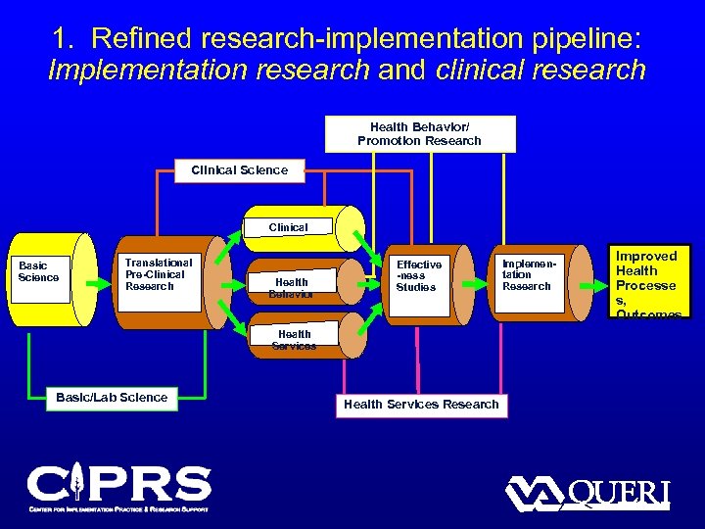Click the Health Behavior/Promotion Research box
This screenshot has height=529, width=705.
point(419,133)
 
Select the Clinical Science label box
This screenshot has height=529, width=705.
point(239,170)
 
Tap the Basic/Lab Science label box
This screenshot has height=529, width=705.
point(112,397)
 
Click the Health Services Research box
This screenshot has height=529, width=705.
point(421,404)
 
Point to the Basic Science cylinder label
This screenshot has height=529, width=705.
point(39,271)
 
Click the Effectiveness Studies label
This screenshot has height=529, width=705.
point(419,276)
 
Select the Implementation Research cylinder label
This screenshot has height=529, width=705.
point(527,275)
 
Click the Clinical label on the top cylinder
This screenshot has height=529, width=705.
point(288,227)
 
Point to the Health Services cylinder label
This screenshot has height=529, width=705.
point(294,340)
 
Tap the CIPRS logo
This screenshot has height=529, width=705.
point(118,487)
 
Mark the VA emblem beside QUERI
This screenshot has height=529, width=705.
point(536,493)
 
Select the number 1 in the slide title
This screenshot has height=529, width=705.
point(62,38)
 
